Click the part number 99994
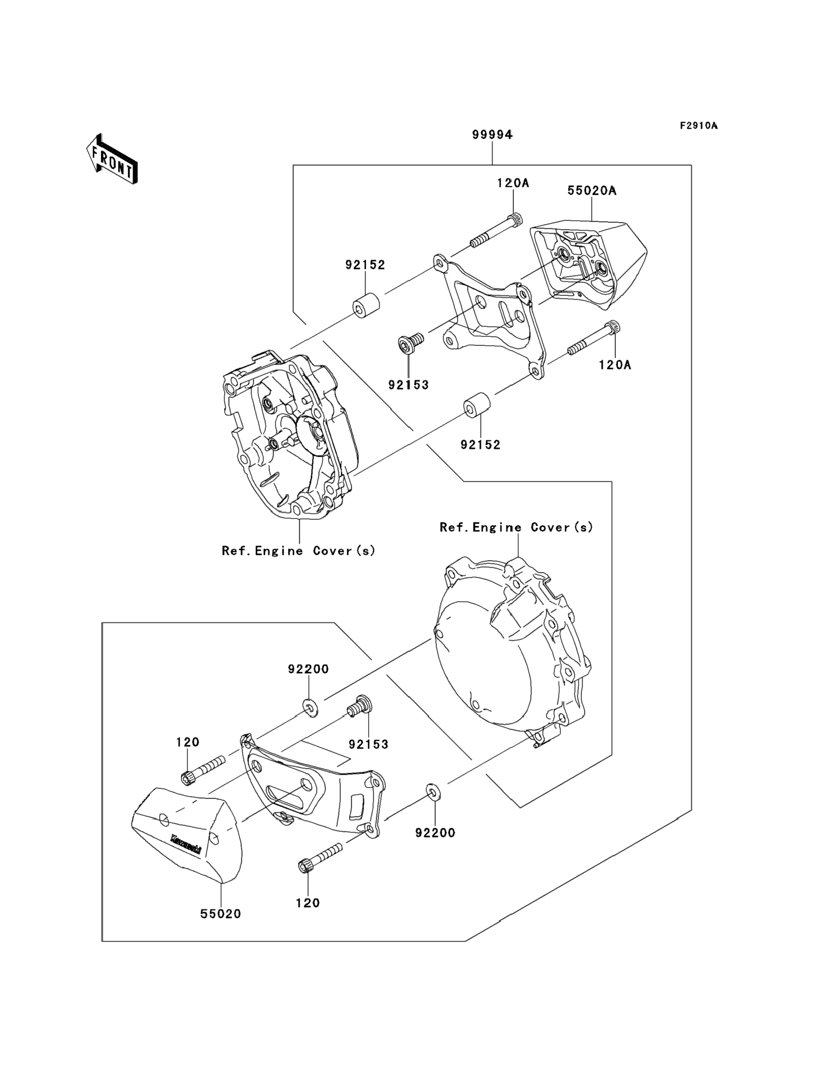[x=492, y=135]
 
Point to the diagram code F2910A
[x=699, y=126]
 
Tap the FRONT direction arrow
[x=112, y=159]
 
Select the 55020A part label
[x=591, y=191]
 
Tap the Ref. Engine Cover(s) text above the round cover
[x=516, y=527]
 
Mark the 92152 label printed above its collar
[x=365, y=265]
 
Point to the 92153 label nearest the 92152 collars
[x=408, y=385]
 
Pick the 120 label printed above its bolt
[x=188, y=742]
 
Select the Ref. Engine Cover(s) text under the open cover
[x=298, y=551]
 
